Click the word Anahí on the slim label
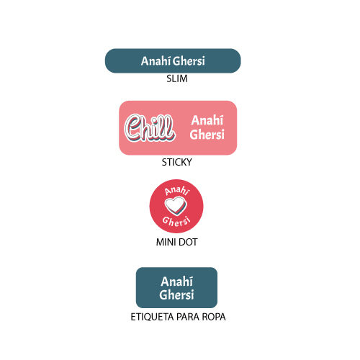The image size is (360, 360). [x=156, y=60]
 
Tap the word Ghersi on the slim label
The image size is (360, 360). [x=189, y=61]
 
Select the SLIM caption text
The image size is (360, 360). [x=177, y=78]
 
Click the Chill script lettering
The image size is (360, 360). [x=150, y=127]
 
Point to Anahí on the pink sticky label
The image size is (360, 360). [x=207, y=120]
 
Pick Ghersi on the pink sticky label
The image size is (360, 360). [x=207, y=134]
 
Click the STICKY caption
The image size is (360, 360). [x=176, y=162]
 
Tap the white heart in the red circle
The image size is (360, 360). [x=176, y=206]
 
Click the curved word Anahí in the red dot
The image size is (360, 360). [x=177, y=191]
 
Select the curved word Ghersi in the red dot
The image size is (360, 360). [x=176, y=222]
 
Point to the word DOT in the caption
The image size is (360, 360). [x=188, y=242]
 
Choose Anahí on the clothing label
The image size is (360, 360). [x=176, y=282]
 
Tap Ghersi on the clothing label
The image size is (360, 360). [x=176, y=294]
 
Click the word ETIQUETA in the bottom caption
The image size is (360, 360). [x=152, y=317]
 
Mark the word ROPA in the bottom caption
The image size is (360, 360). [x=214, y=317]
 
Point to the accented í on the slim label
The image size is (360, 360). [x=169, y=60]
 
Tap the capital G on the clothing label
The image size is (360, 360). [x=163, y=294]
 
